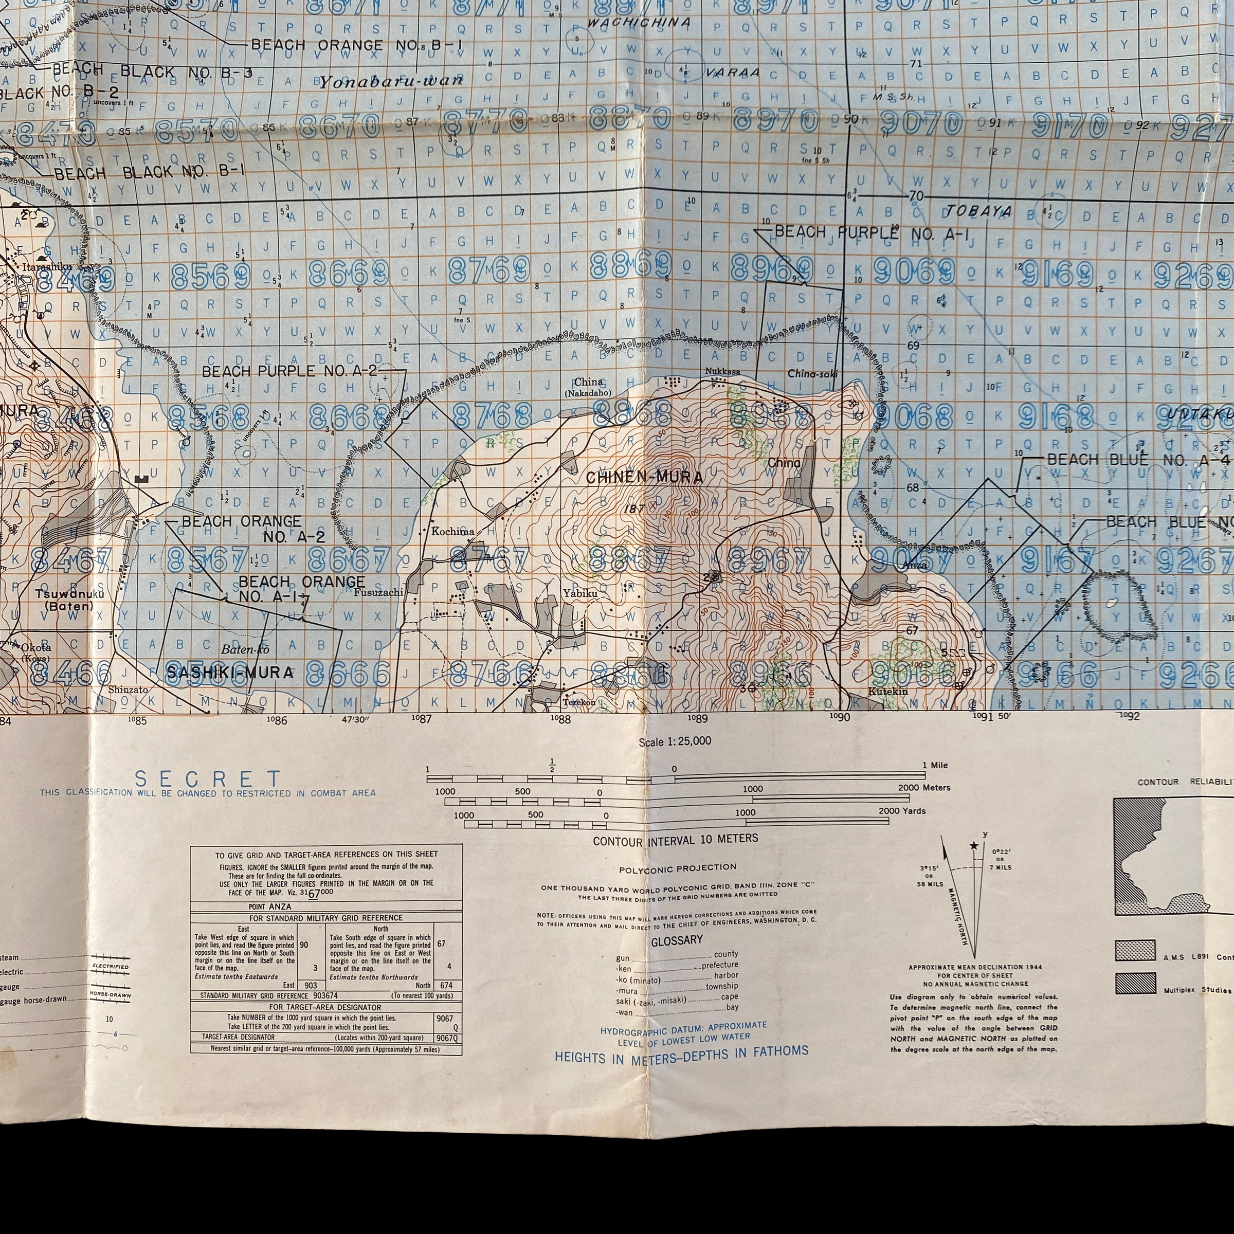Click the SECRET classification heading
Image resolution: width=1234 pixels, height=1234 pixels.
tap(208, 779)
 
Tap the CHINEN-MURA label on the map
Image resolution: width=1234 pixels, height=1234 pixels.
tap(644, 477)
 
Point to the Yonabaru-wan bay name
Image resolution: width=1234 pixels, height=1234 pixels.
tap(391, 82)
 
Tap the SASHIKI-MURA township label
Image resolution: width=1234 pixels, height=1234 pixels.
tap(230, 672)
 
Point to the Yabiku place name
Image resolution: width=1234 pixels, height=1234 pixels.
tap(580, 593)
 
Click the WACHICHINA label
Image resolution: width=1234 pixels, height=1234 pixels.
tap(639, 22)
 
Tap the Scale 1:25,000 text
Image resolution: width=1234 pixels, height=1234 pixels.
tap(675, 741)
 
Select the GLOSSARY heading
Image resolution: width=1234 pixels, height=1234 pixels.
tap(677, 940)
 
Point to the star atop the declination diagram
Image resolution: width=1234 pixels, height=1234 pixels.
tap(973, 846)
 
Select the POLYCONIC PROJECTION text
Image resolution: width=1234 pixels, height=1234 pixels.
tap(677, 867)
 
